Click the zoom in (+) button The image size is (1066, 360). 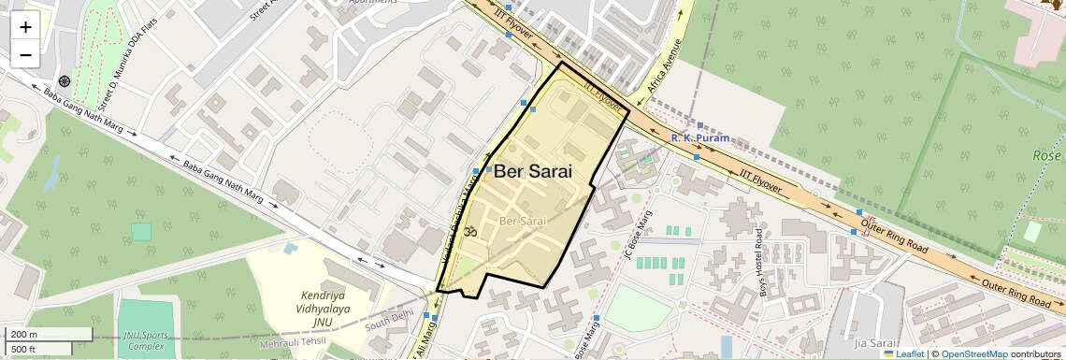25,27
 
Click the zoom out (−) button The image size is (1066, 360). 25,55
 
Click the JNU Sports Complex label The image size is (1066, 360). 146,341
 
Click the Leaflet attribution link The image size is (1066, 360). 904,353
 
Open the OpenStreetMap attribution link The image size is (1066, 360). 973,353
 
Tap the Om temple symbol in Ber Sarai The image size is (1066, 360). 470,230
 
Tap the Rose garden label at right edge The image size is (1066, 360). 1048,155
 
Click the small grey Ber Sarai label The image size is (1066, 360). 523,221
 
